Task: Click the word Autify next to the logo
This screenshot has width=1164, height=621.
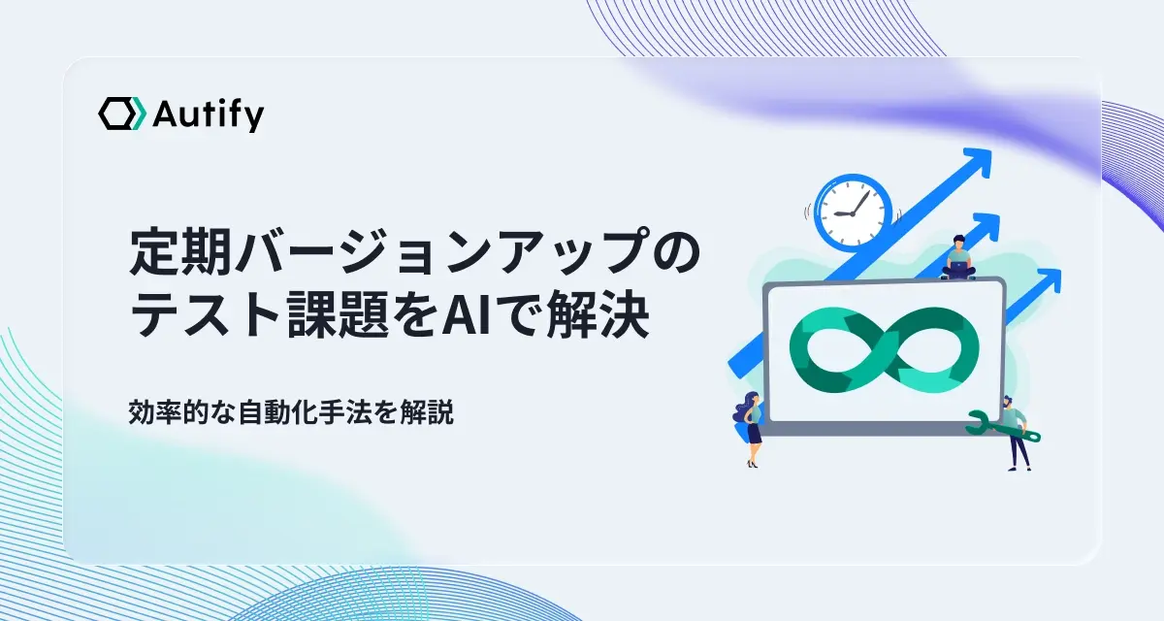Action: click(x=208, y=115)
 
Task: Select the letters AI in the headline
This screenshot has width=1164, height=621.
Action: click(x=465, y=315)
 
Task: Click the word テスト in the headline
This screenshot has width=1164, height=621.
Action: click(x=206, y=315)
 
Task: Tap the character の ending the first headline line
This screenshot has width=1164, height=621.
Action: click(x=675, y=251)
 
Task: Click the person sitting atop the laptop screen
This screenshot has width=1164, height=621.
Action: click(x=958, y=258)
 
